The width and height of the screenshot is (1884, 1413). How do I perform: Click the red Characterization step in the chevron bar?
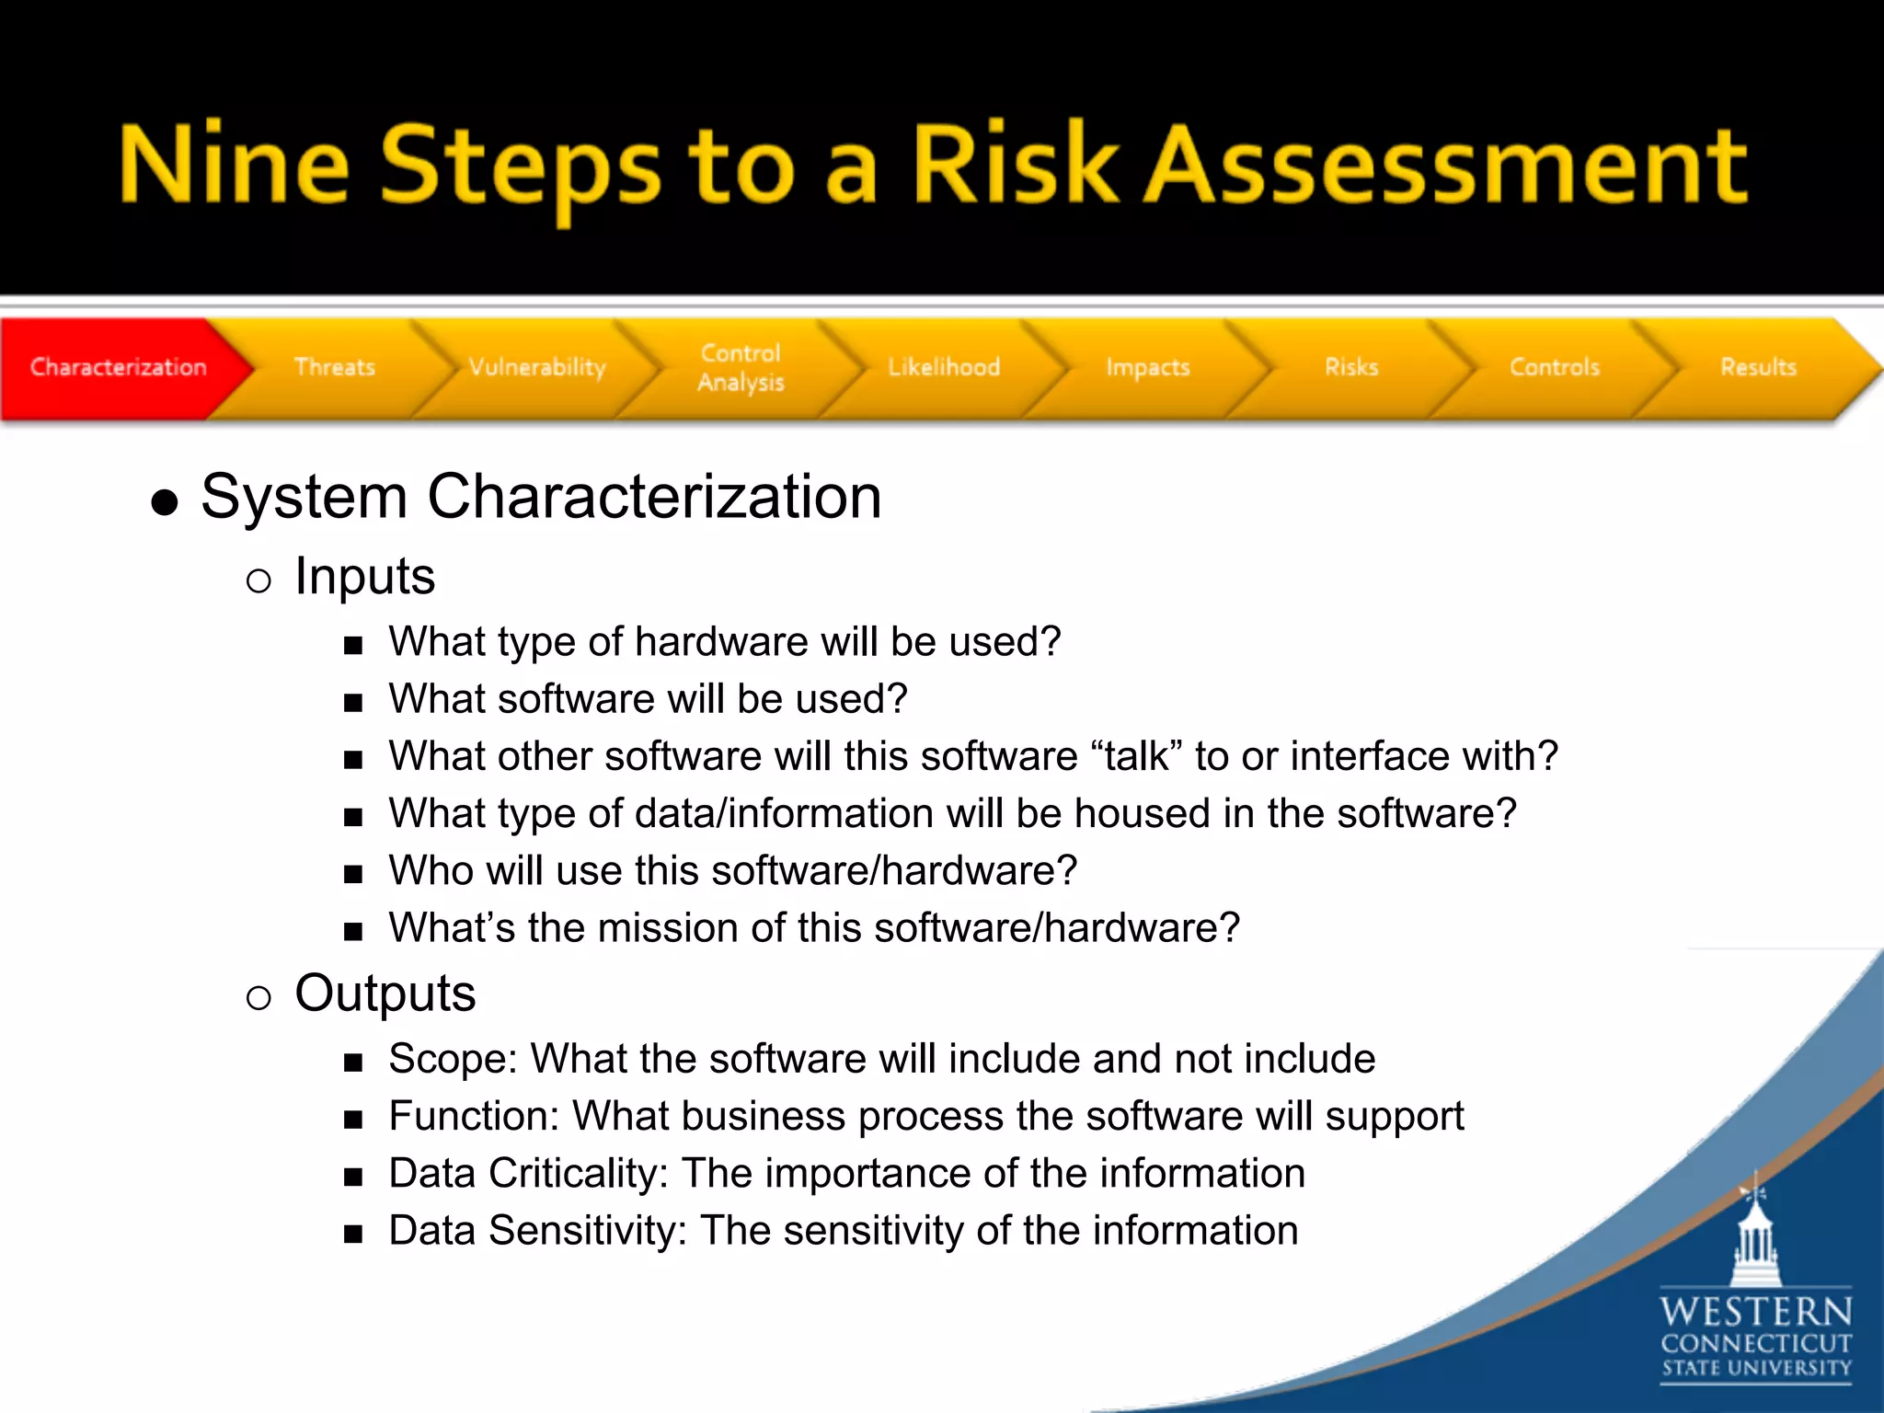point(118,367)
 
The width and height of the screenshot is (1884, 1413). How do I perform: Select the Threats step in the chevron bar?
point(334,367)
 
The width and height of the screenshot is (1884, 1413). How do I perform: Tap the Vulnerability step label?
point(537,367)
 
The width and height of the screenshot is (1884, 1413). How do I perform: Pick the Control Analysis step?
point(741,367)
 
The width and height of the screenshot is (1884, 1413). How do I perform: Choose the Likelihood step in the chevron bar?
point(944,367)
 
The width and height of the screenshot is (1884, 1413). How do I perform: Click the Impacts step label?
point(1147,367)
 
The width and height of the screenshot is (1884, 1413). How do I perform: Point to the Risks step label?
point(1351,367)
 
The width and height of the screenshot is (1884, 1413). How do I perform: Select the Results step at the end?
point(1758,367)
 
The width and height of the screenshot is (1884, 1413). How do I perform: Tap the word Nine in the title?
point(235,166)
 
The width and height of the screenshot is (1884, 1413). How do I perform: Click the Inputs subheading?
point(364,577)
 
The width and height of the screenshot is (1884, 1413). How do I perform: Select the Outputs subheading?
point(385,994)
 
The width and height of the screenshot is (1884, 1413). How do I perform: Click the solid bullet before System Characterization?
point(165,502)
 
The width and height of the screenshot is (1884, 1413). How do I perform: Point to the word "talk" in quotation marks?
point(1137,756)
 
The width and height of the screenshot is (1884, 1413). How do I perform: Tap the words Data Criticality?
point(527,1174)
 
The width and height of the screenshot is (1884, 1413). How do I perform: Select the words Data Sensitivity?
point(536,1231)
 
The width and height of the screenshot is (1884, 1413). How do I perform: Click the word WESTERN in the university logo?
point(1755,1311)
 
